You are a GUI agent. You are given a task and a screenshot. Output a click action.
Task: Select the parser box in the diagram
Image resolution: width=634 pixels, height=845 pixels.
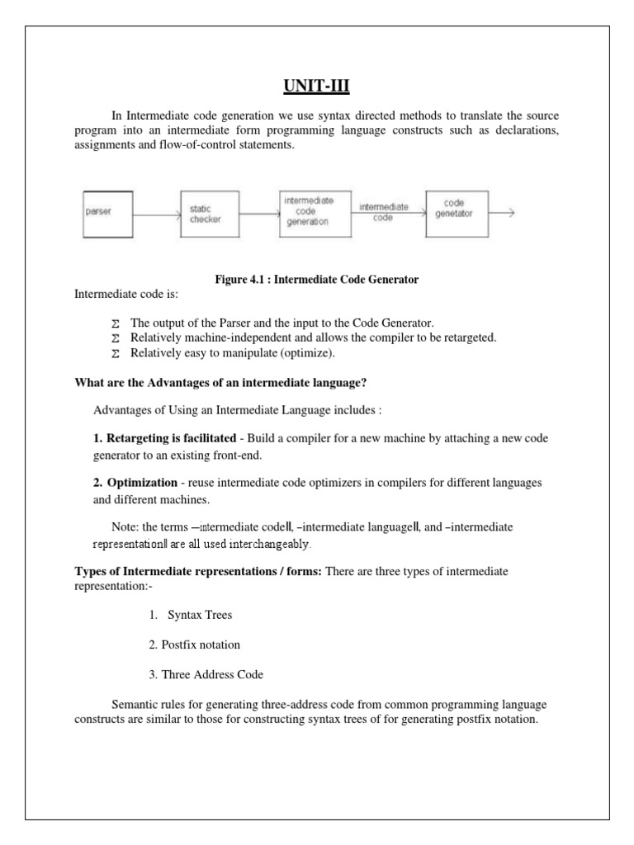pyautogui.click(x=107, y=212)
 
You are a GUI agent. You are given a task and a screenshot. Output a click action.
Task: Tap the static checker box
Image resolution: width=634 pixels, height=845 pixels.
pyautogui.click(x=210, y=214)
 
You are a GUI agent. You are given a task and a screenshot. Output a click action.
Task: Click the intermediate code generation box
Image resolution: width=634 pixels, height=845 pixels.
pyautogui.click(x=309, y=211)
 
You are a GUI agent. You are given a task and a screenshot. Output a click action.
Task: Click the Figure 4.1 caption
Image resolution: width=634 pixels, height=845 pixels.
pyautogui.click(x=316, y=280)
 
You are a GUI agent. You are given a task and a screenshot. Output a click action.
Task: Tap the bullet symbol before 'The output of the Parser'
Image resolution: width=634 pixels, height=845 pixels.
pyautogui.click(x=115, y=323)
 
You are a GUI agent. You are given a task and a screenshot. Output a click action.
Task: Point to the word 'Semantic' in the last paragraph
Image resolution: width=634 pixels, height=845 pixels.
pyautogui.click(x=134, y=705)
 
